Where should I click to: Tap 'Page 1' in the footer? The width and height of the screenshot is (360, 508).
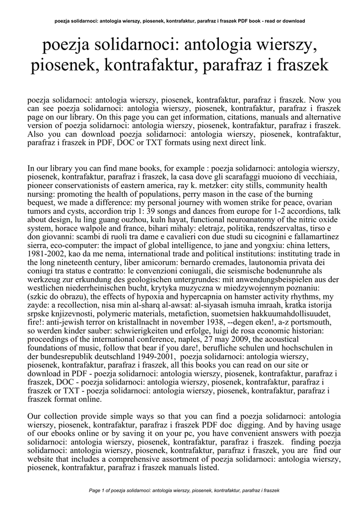pos(98,490)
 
